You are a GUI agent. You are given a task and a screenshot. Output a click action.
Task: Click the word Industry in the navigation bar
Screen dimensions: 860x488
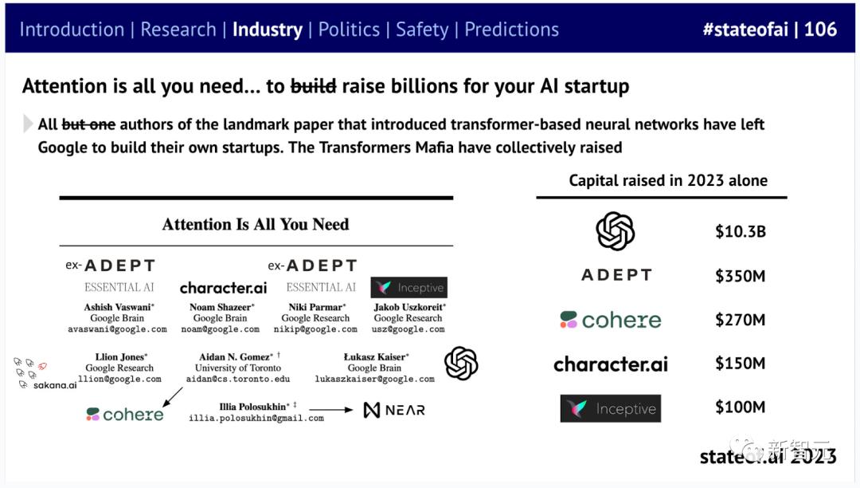pyautogui.click(x=267, y=30)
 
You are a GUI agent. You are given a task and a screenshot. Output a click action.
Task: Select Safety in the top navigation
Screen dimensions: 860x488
pyautogui.click(x=422, y=30)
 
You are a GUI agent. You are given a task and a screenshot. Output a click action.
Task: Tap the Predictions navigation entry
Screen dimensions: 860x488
pyautogui.click(x=511, y=30)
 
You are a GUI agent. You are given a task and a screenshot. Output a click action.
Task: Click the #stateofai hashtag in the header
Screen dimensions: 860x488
pyautogui.click(x=745, y=29)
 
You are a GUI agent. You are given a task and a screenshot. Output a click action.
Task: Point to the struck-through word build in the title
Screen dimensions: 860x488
pyautogui.click(x=313, y=86)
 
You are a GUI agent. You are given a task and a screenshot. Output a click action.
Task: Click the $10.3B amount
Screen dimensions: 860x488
pyautogui.click(x=740, y=232)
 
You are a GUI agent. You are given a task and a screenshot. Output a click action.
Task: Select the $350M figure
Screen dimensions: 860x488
pyautogui.click(x=740, y=276)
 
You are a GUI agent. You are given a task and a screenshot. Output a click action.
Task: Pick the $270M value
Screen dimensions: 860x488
pyautogui.click(x=740, y=320)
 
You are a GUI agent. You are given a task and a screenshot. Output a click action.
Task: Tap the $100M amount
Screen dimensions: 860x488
pyautogui.click(x=740, y=407)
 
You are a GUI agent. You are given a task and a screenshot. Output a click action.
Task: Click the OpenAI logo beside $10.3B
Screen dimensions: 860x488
pyautogui.click(x=616, y=231)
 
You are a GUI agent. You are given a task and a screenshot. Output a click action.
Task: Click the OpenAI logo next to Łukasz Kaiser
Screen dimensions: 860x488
pyautogui.click(x=461, y=364)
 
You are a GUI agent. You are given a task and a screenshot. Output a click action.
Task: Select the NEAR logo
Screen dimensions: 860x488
pyautogui.click(x=394, y=410)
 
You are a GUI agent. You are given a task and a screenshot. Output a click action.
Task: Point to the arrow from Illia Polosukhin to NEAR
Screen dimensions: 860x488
pyautogui.click(x=330, y=410)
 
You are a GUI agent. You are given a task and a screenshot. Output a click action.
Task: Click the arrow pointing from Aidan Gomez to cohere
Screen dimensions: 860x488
pyautogui.click(x=173, y=397)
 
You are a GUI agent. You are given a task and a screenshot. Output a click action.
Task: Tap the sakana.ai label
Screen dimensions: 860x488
pyautogui.click(x=55, y=385)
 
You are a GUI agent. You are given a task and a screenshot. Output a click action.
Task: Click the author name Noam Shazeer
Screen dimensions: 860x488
pyautogui.click(x=221, y=308)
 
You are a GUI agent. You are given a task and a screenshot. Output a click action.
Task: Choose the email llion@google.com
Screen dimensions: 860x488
pyautogui.click(x=119, y=379)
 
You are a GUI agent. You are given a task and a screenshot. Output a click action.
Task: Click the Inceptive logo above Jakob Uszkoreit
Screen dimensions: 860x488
pyautogui.click(x=409, y=288)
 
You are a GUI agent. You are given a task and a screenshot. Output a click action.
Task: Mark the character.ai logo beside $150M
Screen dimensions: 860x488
pyautogui.click(x=611, y=364)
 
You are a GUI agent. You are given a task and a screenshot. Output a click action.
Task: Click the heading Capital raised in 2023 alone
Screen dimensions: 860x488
pyautogui.click(x=668, y=180)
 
